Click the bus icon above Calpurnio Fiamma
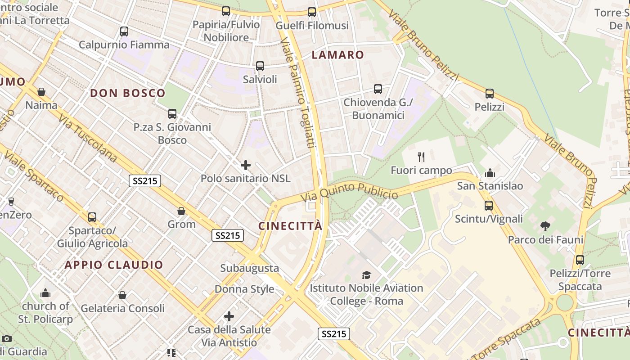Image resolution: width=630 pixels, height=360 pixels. [124, 31]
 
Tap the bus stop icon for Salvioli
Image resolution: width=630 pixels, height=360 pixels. [260, 66]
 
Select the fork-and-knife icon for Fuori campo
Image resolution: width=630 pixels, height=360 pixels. [421, 157]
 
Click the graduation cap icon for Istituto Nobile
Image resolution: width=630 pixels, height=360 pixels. [367, 275]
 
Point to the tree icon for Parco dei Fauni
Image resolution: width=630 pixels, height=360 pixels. [545, 226]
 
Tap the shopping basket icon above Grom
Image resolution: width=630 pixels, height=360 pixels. [181, 211]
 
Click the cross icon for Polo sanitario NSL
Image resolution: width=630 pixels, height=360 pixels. [246, 165]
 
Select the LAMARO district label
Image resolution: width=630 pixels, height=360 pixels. [338, 55]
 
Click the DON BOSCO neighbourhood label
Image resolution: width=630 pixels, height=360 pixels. [128, 93]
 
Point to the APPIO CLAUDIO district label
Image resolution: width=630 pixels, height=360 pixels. [114, 265]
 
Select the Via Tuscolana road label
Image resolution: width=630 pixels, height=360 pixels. [88, 137]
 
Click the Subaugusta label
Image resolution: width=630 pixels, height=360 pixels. [249, 268]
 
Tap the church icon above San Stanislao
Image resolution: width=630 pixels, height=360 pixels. [490, 173]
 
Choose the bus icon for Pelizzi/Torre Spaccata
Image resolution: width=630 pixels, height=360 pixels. [580, 260]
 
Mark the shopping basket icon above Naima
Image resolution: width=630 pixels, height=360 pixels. [41, 92]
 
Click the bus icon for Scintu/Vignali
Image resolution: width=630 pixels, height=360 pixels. [489, 206]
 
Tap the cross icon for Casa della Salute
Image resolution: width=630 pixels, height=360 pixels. [229, 316]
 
